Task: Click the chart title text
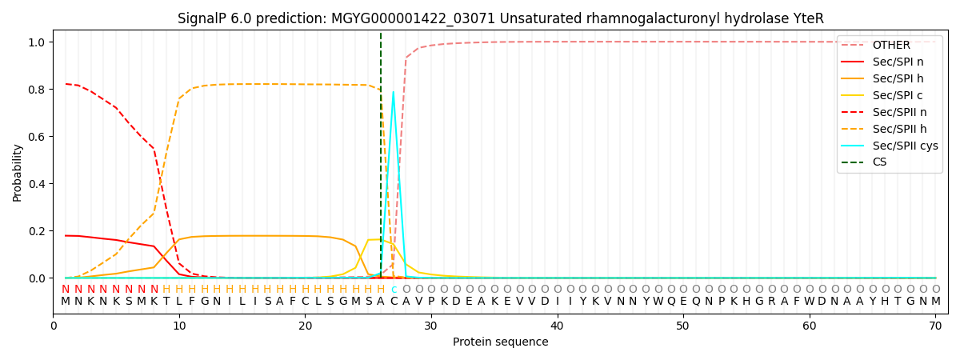point(500,18)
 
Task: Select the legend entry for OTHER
point(890,46)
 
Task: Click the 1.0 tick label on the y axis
point(38,42)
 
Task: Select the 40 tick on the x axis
point(557,326)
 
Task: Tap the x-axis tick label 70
point(935,326)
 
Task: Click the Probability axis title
point(18,172)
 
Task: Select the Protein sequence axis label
point(500,342)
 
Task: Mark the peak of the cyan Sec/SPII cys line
point(393,91)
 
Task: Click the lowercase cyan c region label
point(394,290)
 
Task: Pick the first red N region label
point(66,290)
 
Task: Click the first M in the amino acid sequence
point(66,302)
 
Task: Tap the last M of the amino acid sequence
point(935,302)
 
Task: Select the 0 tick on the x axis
point(54,326)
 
